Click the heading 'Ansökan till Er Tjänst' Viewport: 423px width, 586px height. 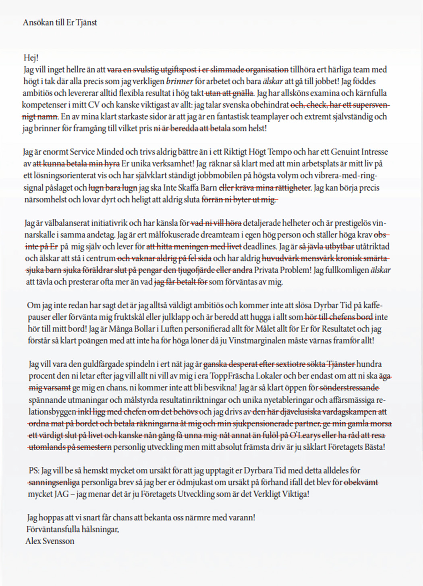click(60, 23)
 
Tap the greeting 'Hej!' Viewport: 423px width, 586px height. click(31, 58)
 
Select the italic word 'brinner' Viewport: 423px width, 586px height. click(179, 81)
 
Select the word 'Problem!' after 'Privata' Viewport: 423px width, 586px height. click(296, 270)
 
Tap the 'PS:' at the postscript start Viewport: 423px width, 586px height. click(34, 470)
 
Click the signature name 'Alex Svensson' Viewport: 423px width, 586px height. click(50, 541)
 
